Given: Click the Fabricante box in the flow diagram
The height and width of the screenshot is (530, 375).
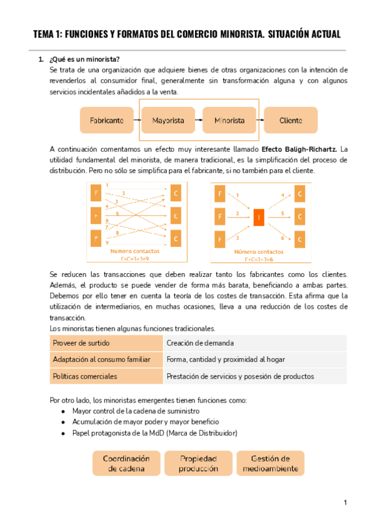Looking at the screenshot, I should pos(106,119).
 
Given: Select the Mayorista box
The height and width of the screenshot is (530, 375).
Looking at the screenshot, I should pos(167,119).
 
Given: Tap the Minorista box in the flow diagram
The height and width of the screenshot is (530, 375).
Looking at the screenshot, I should pos(229,119).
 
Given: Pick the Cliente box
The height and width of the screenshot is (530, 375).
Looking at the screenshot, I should pos(291,119).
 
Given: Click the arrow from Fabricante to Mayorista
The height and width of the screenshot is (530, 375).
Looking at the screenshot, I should pos(137,119).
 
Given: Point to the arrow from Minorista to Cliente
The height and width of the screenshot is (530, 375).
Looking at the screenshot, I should pos(259,119).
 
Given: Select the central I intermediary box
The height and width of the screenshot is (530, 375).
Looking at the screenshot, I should pos(259,217).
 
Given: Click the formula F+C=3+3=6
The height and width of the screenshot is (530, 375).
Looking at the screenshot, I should pos(259,258).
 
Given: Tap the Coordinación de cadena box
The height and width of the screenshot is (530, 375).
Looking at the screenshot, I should pos(126,463).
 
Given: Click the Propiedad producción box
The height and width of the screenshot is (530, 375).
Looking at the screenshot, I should pos(198,463).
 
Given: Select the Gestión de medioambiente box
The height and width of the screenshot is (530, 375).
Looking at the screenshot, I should pos(270,463).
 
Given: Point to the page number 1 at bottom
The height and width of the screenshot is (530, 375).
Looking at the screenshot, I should pos(345,502).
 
